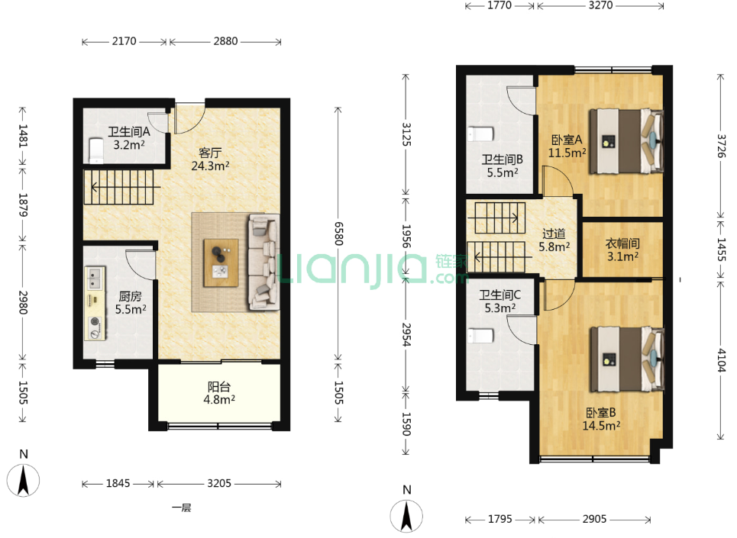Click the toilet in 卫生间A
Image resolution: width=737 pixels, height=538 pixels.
pyautogui.click(x=96, y=150)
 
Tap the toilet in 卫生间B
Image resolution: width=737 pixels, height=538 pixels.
pyautogui.click(x=480, y=134)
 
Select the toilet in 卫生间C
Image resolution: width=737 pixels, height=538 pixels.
pyautogui.click(x=480, y=336)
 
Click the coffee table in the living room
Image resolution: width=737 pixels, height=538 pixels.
pyautogui.click(x=221, y=263)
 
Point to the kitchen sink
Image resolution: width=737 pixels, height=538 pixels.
pyautogui.click(x=95, y=278)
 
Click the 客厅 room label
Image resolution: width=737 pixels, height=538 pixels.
pyautogui.click(x=210, y=153)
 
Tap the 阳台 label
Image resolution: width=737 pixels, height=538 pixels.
pyautogui.click(x=219, y=387)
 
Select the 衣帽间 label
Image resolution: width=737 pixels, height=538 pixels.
pyautogui.click(x=622, y=243)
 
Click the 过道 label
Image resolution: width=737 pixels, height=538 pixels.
pyautogui.click(x=554, y=234)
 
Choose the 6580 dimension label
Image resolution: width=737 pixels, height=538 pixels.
pyautogui.click(x=338, y=234)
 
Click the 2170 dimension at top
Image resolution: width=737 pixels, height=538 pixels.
pyautogui.click(x=124, y=41)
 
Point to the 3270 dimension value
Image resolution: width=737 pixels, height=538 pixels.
pyautogui.click(x=601, y=5)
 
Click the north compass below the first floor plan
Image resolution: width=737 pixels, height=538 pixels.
pyautogui.click(x=23, y=480)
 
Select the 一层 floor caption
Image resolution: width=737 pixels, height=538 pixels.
pyautogui.click(x=182, y=507)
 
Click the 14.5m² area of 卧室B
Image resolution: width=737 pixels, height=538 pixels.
pyautogui.click(x=601, y=426)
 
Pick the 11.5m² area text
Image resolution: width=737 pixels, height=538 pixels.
pyautogui.click(x=567, y=153)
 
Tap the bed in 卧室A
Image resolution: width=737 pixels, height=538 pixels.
pyautogui.click(x=626, y=141)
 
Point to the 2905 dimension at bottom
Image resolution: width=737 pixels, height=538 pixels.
pyautogui.click(x=595, y=519)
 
